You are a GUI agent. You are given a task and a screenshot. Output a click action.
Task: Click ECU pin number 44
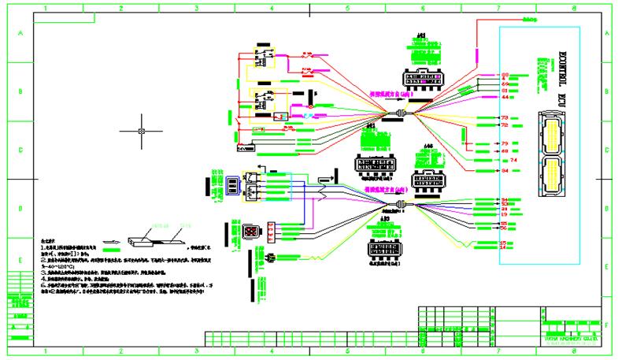[x=505, y=97]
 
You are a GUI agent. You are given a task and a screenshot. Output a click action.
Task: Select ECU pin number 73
[x=505, y=118]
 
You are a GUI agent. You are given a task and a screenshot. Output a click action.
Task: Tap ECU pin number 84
[x=505, y=170]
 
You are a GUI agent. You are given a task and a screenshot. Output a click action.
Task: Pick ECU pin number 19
[x=504, y=214]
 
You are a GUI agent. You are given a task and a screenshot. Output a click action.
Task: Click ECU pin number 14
[x=504, y=247]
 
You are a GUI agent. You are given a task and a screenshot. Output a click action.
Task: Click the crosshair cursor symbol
[x=141, y=131]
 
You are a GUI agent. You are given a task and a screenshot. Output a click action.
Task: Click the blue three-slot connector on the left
[x=234, y=184]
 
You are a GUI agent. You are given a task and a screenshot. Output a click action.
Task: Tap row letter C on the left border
[x=20, y=150]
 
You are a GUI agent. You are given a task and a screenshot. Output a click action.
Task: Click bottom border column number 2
[x=121, y=352]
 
